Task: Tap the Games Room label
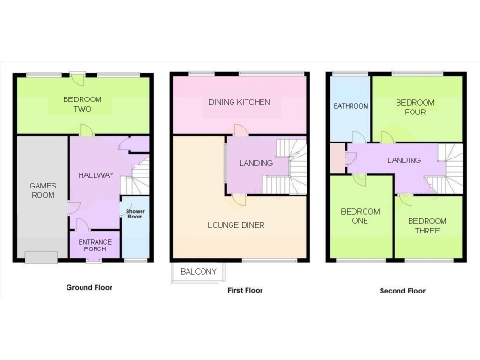click(x=43, y=191)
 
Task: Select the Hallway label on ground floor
click(x=96, y=175)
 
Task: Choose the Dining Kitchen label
click(x=240, y=101)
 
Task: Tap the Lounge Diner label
click(x=235, y=225)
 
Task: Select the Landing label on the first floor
click(x=256, y=164)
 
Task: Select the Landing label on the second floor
click(x=403, y=160)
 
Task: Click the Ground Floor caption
click(x=90, y=288)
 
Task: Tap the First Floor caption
click(x=245, y=291)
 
